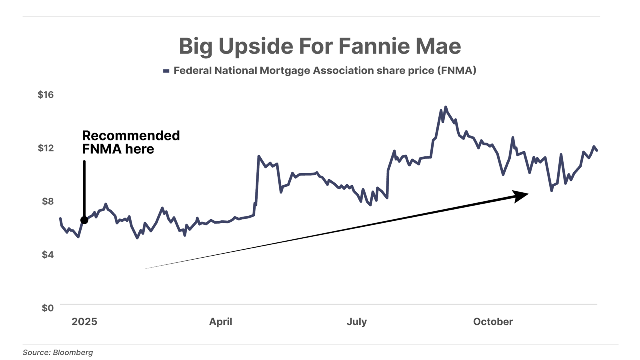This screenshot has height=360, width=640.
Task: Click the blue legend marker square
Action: (x=166, y=71)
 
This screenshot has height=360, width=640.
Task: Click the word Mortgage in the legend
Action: (x=285, y=71)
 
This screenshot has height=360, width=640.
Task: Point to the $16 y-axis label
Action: (x=46, y=95)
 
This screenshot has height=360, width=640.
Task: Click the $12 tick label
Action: (x=46, y=148)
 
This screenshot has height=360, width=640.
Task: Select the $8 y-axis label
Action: (x=48, y=201)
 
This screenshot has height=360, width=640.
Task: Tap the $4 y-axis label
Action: (x=48, y=254)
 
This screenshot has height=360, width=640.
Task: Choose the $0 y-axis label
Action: (x=48, y=308)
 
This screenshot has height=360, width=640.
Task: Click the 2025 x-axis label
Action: (x=84, y=322)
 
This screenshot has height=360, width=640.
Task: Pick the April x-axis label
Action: (x=220, y=322)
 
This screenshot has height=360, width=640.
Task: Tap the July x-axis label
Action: (x=356, y=322)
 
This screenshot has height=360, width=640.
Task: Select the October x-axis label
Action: (x=493, y=322)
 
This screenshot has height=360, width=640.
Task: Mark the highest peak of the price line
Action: (x=446, y=107)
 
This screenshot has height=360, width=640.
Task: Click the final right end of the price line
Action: (x=597, y=150)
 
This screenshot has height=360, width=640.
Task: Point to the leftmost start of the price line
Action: (x=60, y=218)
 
